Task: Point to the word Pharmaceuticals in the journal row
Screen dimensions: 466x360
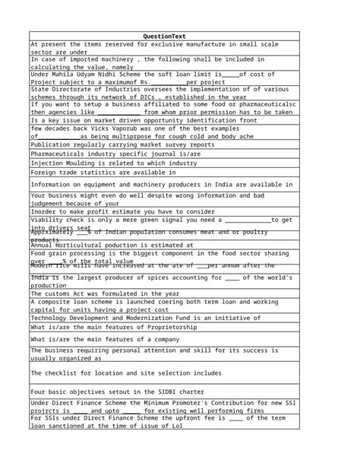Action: tap(59, 154)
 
